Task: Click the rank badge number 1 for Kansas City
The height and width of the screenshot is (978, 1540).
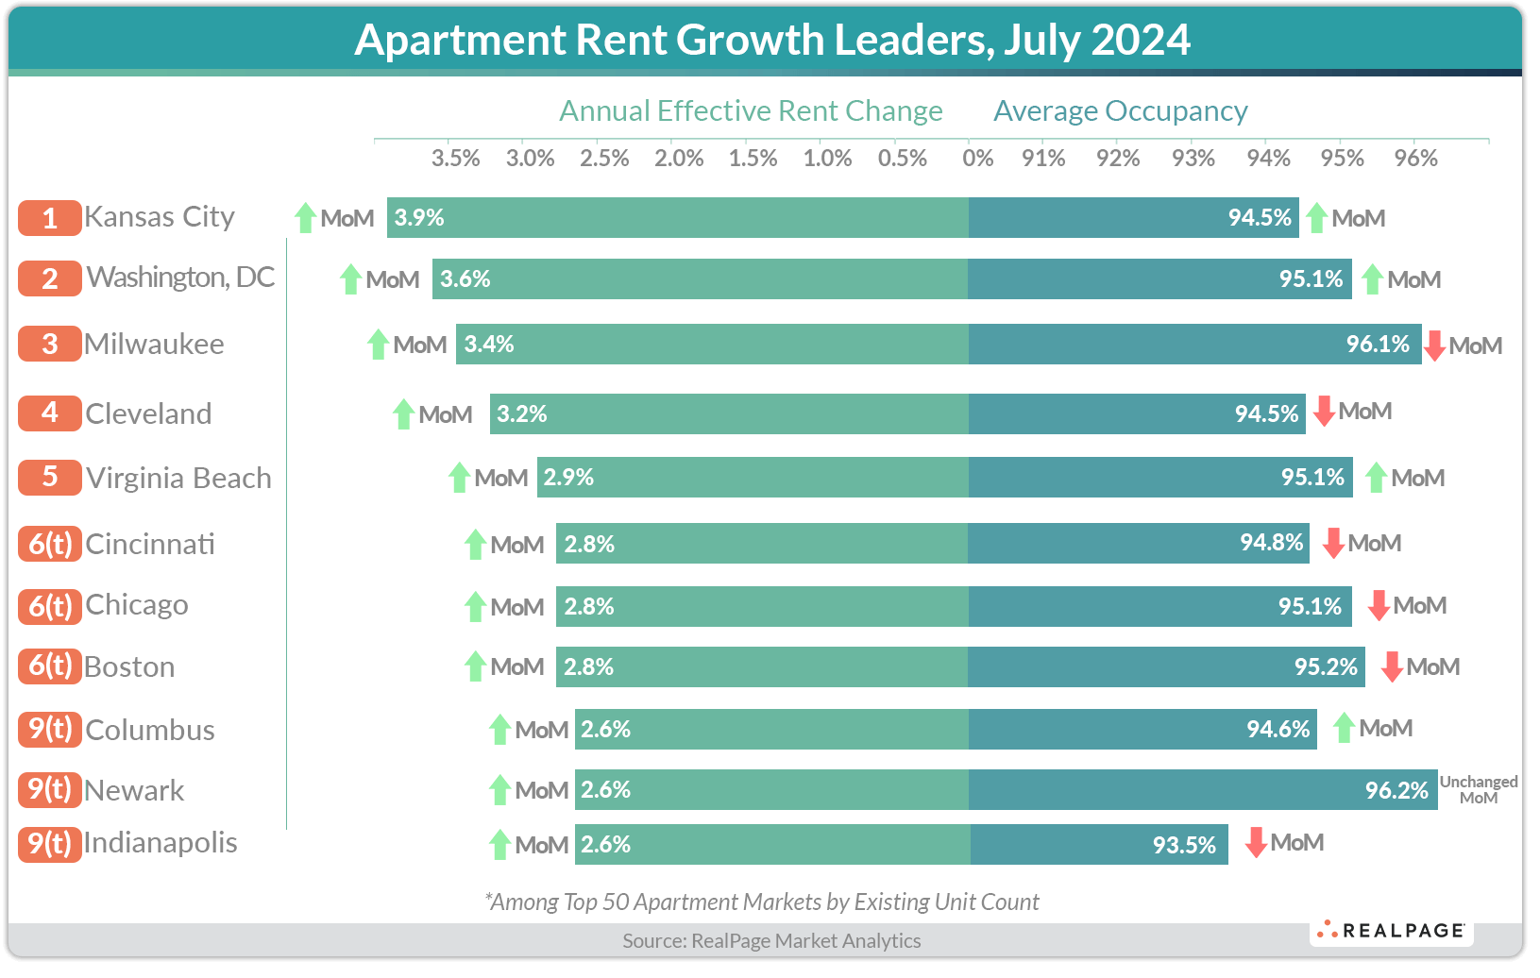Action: coord(49,218)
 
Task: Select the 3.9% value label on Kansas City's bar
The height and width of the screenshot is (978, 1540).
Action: coord(419,218)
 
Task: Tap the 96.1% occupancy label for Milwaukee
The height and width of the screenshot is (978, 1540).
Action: coord(1378,345)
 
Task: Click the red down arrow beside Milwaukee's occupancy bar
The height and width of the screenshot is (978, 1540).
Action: coord(1435,346)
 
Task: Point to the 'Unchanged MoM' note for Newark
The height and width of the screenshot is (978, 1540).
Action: coord(1479,789)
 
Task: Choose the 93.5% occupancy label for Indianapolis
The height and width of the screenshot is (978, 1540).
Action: coord(1184,845)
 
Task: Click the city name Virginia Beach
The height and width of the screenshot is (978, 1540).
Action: coord(178,479)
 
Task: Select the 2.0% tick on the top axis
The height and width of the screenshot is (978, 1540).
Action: coord(679,159)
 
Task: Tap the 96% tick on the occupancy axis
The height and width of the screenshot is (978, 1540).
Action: coord(1416,159)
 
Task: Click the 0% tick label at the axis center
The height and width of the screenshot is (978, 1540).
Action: coord(977,159)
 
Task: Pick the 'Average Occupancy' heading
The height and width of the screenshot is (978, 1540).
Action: coord(1120,111)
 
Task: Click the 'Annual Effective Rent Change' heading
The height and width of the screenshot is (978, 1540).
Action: coord(751,111)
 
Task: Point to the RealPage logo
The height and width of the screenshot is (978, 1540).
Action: coord(1393,930)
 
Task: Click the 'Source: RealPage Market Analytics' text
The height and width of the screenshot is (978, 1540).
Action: coord(771,940)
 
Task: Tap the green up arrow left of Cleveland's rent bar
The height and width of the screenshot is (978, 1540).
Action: coord(404,414)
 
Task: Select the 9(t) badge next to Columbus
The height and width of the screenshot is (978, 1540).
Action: coord(49,729)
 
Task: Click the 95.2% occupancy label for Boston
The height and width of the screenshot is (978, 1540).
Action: coord(1326,667)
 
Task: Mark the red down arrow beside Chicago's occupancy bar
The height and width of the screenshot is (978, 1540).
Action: coord(1379,605)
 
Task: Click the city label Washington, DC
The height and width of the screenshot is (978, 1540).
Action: coord(180,278)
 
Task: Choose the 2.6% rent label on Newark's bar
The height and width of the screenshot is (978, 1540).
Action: coord(605,790)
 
